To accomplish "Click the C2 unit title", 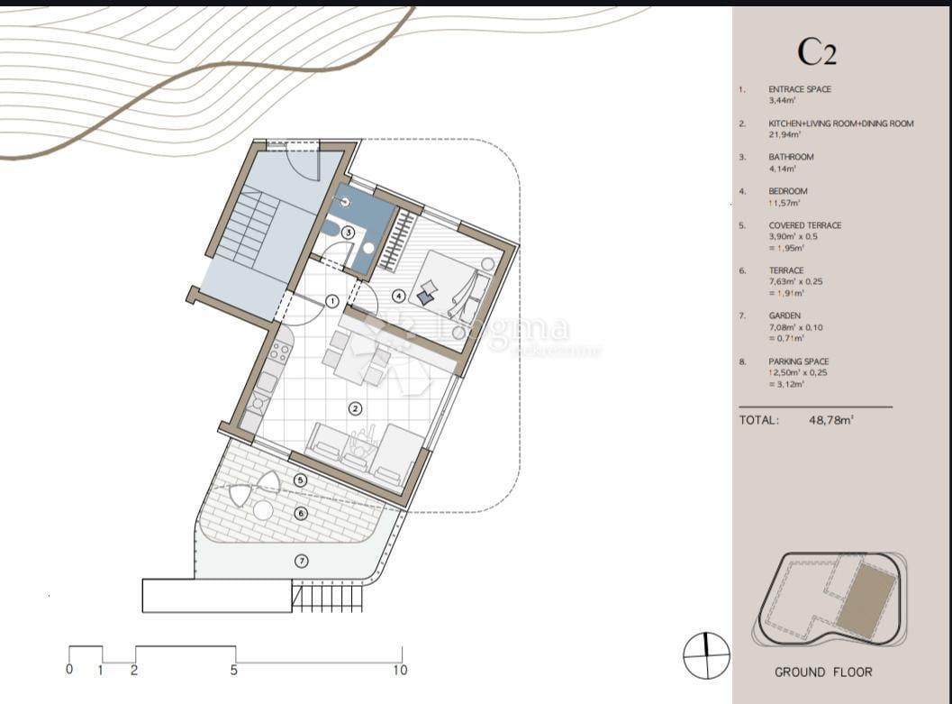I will [x=817, y=51].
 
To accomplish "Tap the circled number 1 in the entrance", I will [x=331, y=301].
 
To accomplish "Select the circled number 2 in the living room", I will [x=355, y=408].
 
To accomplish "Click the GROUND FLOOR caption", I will [x=822, y=672].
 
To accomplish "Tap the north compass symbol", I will [x=706, y=655].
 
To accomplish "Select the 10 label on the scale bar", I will [x=400, y=670].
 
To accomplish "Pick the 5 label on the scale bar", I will [x=234, y=670].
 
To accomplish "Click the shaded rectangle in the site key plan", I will [x=866, y=599].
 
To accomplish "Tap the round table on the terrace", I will [x=263, y=509].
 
